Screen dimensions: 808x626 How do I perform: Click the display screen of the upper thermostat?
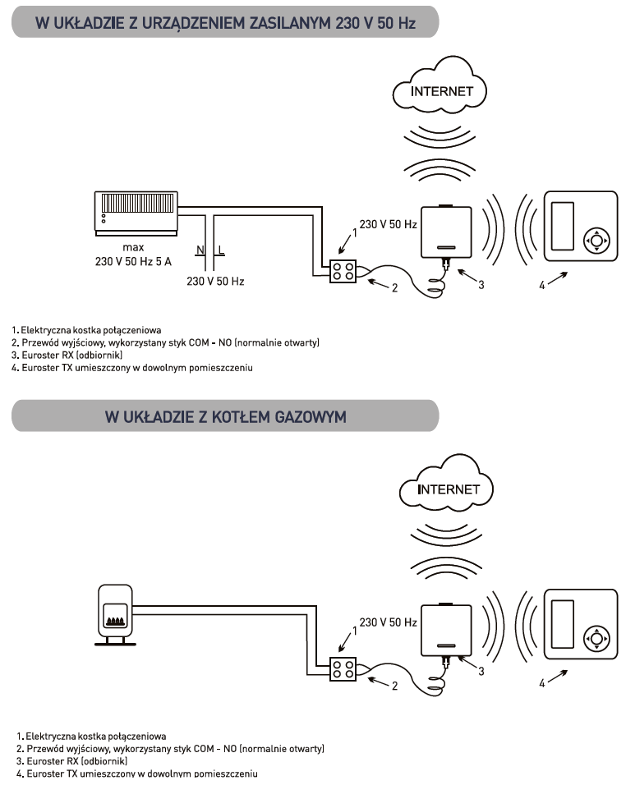click(x=564, y=227)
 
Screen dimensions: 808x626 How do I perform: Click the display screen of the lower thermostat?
click(x=564, y=623)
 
